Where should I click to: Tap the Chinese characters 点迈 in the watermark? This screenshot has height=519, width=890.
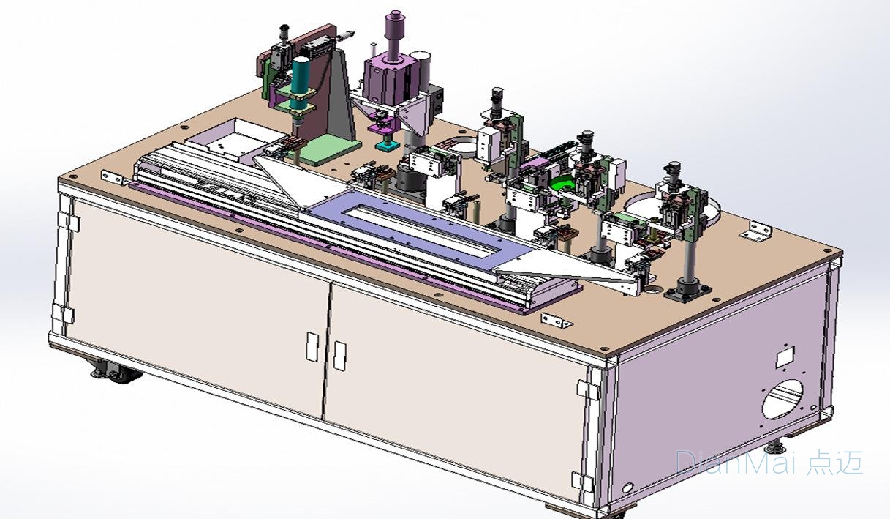coord(834,462)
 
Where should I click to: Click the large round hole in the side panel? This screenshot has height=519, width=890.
coord(782,399)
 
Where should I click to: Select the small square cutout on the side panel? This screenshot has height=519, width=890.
coord(785,356)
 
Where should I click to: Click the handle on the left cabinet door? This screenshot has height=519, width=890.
coord(312,347)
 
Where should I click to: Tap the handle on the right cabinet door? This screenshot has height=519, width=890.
coord(340,356)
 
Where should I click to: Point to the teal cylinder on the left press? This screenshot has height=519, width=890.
coord(301,83)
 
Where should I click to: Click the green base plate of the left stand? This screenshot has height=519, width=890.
coord(328,149)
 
